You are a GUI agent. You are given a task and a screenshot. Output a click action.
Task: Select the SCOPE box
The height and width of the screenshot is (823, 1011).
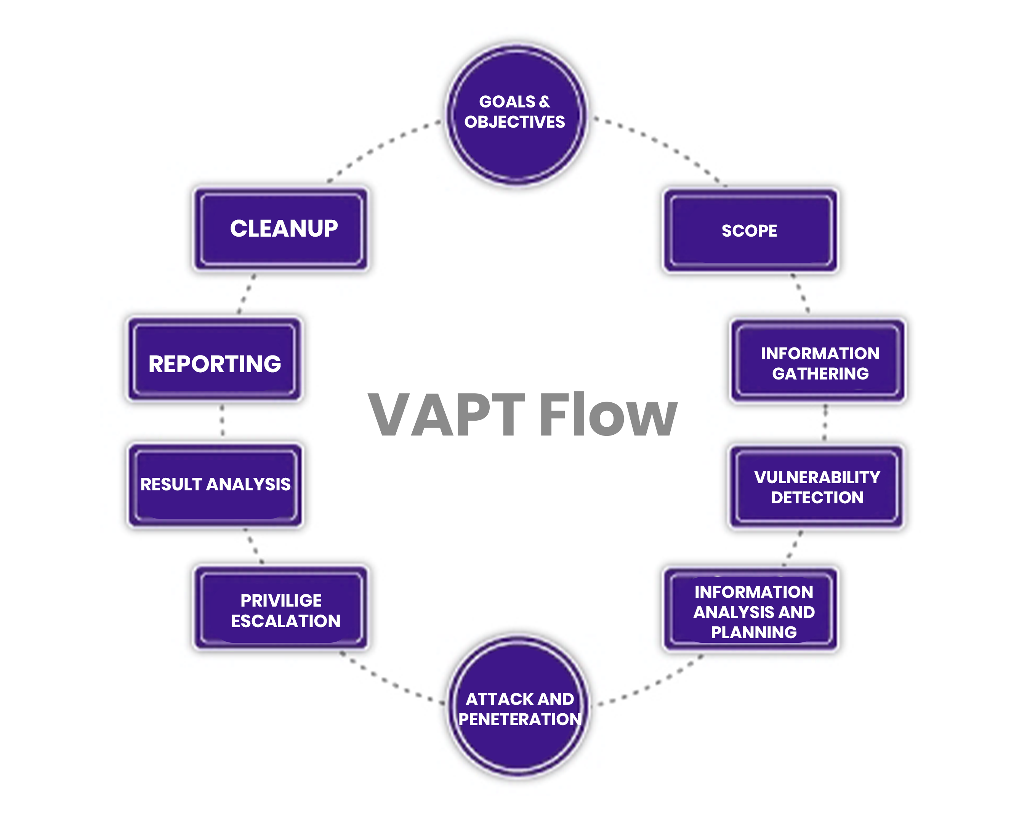750,231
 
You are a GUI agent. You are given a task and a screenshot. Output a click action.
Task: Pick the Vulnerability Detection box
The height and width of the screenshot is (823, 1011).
816,487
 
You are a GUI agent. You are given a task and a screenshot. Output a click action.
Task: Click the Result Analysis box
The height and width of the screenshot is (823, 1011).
215,485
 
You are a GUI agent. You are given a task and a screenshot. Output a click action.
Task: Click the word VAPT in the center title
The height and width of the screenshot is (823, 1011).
446,415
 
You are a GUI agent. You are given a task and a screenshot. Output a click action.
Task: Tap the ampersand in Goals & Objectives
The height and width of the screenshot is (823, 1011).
545,101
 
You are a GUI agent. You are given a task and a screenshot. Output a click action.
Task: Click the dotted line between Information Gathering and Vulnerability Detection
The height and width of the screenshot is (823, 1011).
825,422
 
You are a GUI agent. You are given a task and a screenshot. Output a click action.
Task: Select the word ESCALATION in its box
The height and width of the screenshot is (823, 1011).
285,621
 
